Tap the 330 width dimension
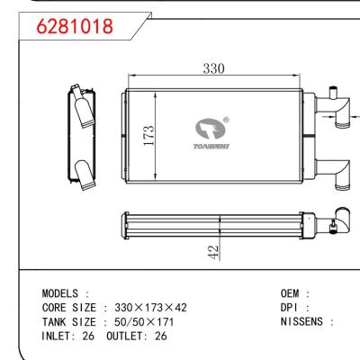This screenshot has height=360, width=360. (x=212, y=69)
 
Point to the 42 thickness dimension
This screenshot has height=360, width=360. (x=212, y=252)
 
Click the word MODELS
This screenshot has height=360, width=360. (x=62, y=294)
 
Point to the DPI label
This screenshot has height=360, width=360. (x=292, y=307)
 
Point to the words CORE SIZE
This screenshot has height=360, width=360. (x=68, y=307)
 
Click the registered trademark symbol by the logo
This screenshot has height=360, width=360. (x=226, y=119)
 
